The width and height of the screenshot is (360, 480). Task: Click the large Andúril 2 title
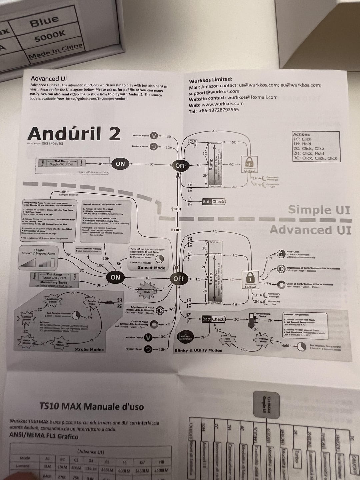(74, 134)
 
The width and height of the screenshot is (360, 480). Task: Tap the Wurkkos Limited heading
(210, 80)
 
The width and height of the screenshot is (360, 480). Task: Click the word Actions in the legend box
(301, 134)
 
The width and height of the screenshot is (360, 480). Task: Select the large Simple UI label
(319, 210)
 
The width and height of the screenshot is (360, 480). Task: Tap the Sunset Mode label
(152, 268)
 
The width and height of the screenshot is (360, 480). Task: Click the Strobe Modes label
(89, 350)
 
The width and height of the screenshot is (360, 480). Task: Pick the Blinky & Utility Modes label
(198, 350)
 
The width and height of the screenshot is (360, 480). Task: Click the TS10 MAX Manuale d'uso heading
(92, 407)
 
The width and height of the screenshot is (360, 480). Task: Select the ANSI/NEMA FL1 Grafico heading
(44, 436)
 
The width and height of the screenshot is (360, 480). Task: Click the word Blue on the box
(44, 21)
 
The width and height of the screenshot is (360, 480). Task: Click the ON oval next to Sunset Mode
(115, 277)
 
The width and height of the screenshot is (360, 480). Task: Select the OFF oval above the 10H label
(180, 166)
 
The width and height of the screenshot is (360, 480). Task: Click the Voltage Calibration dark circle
(185, 337)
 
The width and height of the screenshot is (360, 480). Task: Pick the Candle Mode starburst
(92, 302)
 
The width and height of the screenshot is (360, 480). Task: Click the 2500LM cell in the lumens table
(161, 470)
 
